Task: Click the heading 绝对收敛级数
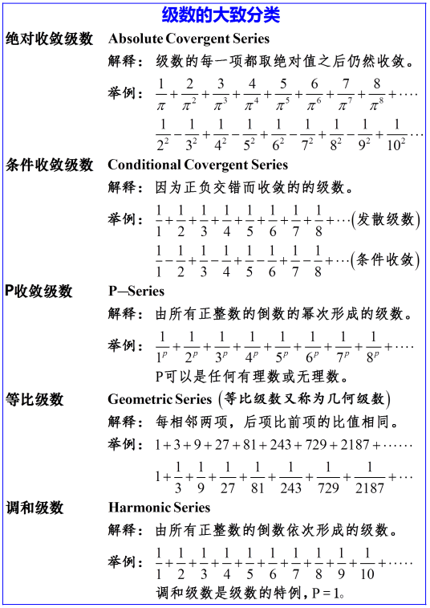click(x=50, y=39)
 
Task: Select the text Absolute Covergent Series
click(x=189, y=39)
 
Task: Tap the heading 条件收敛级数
click(x=50, y=165)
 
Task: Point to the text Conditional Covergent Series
click(x=197, y=165)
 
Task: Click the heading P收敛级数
click(x=39, y=291)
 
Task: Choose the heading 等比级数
click(x=34, y=399)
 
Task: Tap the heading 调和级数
click(x=34, y=508)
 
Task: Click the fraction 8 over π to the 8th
click(x=375, y=95)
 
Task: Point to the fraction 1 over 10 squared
click(x=396, y=133)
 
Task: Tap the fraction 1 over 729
click(x=328, y=477)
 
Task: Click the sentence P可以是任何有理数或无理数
click(x=253, y=376)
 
